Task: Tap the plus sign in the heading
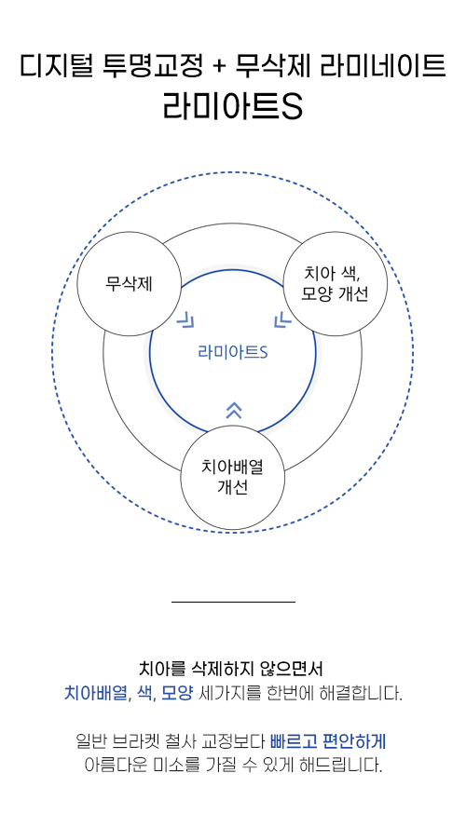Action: click(219, 67)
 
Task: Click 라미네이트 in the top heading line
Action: click(383, 66)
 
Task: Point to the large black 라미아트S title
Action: click(233, 105)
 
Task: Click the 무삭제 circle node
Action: click(129, 284)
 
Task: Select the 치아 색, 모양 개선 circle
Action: click(336, 284)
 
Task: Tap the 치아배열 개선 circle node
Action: click(232, 478)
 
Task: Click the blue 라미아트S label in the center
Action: click(233, 352)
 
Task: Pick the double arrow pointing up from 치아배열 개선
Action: click(234, 410)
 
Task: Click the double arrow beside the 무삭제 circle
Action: click(185, 320)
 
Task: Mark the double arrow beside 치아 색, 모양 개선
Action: click(282, 319)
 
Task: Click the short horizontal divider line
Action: click(233, 602)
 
